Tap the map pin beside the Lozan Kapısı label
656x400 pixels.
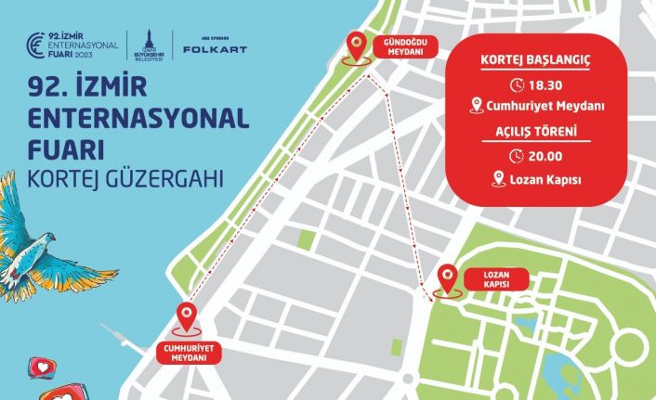pyautogui.click(x=449, y=280)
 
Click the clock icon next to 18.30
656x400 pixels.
pyautogui.click(x=518, y=84)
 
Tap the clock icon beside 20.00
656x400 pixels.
pyautogui.click(x=518, y=155)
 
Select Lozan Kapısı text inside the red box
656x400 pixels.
pyautogui.click(x=544, y=178)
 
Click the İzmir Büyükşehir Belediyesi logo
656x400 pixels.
pyautogui.click(x=145, y=45)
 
